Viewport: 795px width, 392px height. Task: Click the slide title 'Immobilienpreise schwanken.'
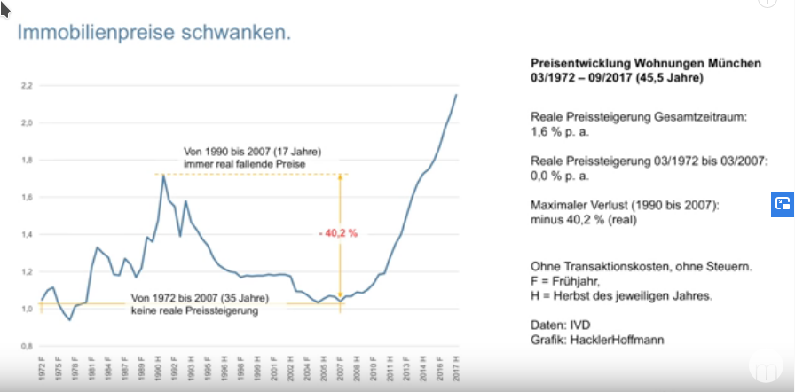(154, 34)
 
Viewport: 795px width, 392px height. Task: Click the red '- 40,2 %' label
(337, 233)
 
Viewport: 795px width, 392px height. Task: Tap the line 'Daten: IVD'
(559, 324)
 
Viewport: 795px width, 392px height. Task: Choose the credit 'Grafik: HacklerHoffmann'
(590, 339)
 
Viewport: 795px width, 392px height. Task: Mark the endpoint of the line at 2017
(456, 94)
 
